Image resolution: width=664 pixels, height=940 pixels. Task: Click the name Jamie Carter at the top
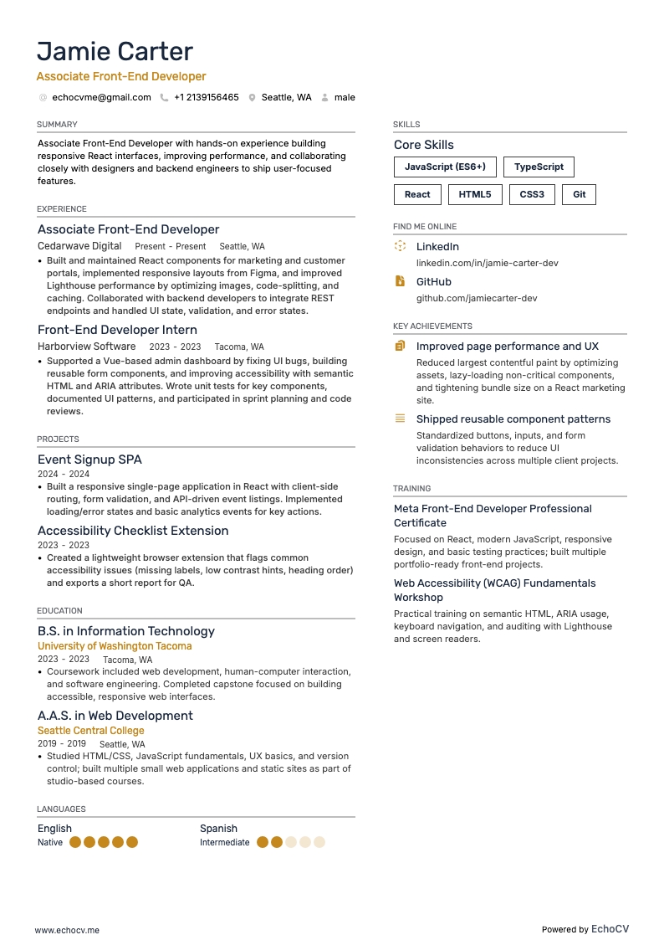click(115, 51)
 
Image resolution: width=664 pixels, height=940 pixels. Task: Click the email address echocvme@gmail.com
click(101, 97)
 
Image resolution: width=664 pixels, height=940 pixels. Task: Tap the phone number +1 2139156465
click(206, 97)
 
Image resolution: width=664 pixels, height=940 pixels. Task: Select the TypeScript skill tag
click(539, 167)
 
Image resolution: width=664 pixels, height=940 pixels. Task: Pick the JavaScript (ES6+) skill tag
click(445, 167)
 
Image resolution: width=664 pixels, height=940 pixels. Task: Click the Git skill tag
click(580, 194)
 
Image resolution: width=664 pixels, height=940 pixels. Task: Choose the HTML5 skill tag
click(476, 194)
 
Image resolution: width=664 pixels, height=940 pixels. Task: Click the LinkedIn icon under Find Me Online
click(401, 247)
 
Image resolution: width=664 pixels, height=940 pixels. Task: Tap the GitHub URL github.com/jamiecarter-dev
click(477, 298)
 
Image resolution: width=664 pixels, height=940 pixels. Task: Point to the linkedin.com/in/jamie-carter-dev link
click(488, 263)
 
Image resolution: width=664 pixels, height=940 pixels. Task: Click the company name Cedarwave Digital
click(79, 246)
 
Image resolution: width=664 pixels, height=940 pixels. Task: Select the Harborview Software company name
click(86, 347)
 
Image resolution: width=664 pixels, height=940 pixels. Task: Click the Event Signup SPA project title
click(89, 460)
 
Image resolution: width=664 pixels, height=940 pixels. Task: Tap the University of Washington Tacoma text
click(115, 646)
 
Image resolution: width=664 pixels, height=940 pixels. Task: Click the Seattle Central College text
click(91, 731)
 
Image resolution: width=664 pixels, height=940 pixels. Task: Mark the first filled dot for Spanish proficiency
click(263, 842)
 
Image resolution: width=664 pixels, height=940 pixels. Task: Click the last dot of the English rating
click(131, 842)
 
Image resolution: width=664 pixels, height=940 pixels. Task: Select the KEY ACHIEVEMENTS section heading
click(432, 326)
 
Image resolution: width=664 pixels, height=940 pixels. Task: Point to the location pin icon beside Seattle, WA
click(252, 98)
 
